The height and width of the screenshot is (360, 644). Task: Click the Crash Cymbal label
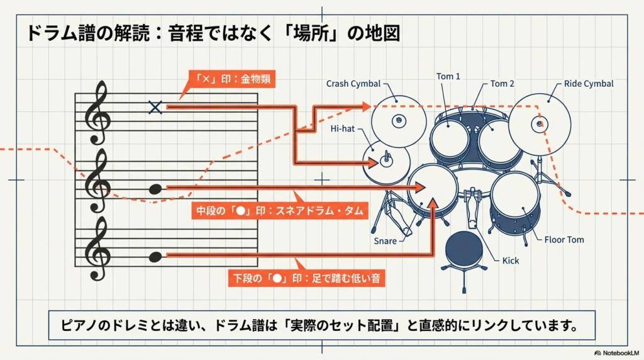[353, 84]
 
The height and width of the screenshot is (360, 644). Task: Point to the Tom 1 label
[448, 76]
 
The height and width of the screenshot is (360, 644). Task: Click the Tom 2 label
[502, 83]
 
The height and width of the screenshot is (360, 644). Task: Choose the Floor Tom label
[563, 240]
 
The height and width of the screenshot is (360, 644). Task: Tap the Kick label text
[511, 260]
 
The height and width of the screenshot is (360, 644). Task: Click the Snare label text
[385, 241]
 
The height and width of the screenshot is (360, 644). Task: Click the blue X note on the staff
[155, 107]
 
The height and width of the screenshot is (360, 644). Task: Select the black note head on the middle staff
[155, 188]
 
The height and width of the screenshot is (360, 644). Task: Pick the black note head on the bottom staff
[155, 256]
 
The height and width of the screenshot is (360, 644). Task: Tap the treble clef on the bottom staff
[99, 248]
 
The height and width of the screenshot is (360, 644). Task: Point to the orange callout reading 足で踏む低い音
[306, 278]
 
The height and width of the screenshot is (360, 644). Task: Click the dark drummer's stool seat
[464, 246]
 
